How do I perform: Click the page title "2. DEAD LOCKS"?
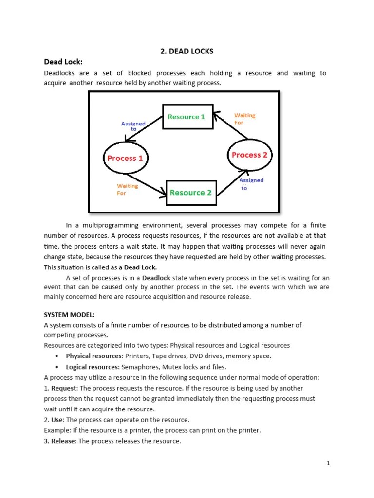tap(187, 51)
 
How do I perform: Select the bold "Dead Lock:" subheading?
tap(63, 62)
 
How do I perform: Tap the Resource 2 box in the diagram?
tap(190, 193)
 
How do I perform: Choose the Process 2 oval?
tap(249, 155)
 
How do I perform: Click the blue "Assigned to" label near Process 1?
tap(133, 126)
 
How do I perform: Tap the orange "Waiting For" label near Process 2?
tap(244, 119)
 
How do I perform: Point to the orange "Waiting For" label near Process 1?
tap(127, 189)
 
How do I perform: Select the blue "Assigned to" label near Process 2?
tap(251, 184)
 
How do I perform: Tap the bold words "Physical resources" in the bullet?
tap(93, 356)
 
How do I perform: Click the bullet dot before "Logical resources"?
tap(57, 367)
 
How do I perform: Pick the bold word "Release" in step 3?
tap(63, 441)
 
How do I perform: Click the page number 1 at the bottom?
tap(328, 463)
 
